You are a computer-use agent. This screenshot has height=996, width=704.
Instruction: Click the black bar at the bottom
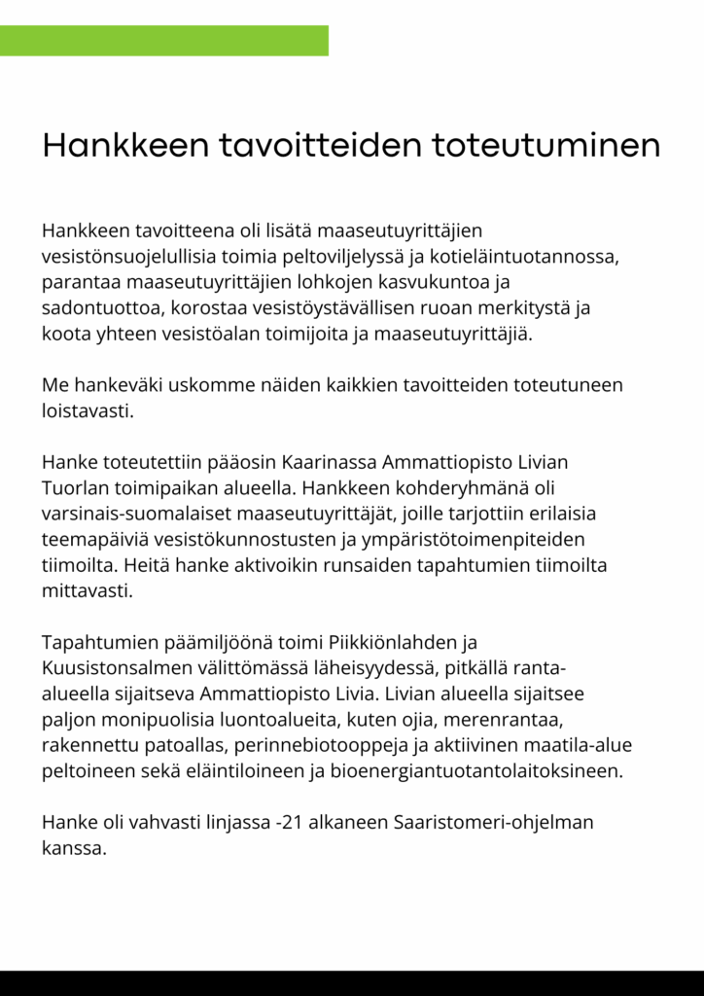pos(352,982)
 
